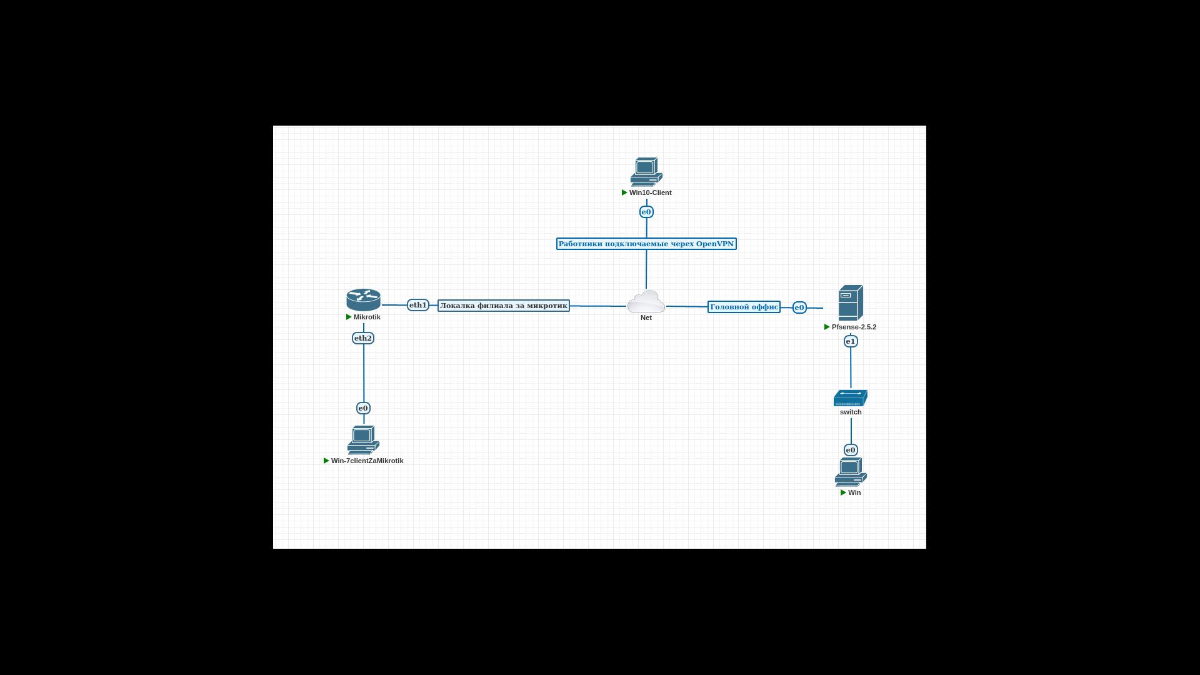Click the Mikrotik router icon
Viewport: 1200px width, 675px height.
[x=363, y=300]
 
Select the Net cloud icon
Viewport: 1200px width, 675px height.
[x=646, y=302]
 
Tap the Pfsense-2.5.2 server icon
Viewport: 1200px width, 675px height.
[x=851, y=303]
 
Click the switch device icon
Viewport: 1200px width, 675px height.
[x=850, y=398]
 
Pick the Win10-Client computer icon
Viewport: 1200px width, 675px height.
[x=646, y=171]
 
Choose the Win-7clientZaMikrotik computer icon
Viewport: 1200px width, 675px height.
[x=363, y=440]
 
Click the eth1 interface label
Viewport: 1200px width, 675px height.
[x=417, y=305]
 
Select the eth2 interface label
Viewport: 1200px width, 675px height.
[x=363, y=338]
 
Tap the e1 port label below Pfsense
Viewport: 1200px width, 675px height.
[x=851, y=341]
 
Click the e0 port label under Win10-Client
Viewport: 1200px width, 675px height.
[x=646, y=212]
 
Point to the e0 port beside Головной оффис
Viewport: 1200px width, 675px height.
[x=799, y=307]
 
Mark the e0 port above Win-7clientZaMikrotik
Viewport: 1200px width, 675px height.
[x=363, y=408]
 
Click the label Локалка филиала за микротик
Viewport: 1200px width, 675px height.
[x=504, y=306]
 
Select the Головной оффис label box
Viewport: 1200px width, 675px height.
[x=744, y=307]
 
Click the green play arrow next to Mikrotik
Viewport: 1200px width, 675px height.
[x=349, y=317]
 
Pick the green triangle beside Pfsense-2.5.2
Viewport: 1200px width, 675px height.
[x=827, y=327]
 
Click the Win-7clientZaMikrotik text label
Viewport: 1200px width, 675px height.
[x=367, y=461]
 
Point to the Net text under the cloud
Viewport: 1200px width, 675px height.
[x=646, y=317]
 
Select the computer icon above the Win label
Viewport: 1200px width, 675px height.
[x=851, y=472]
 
